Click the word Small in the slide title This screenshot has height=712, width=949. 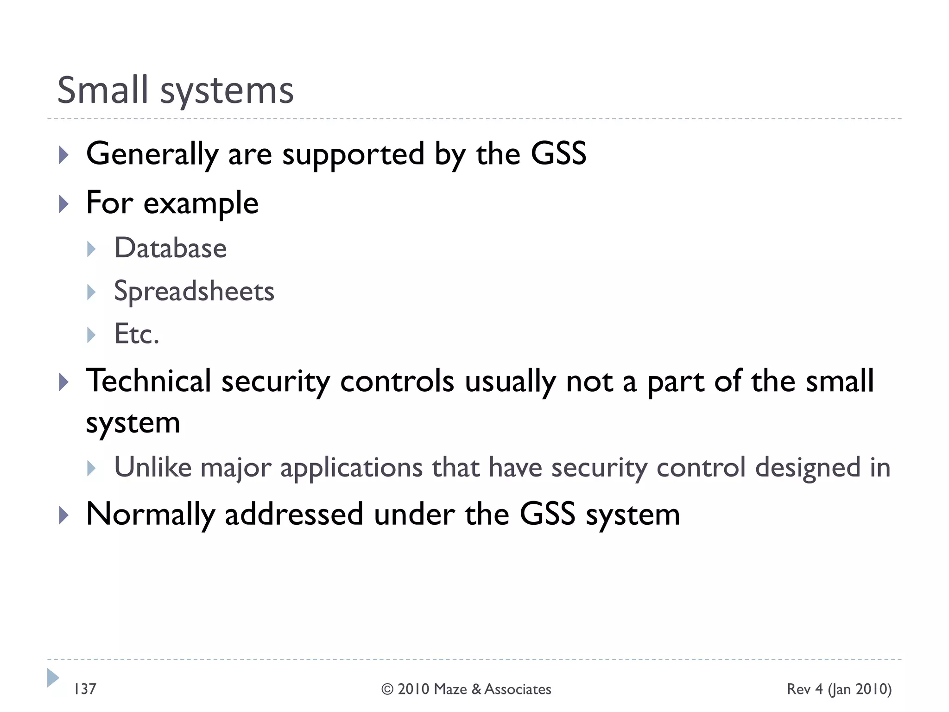tap(102, 90)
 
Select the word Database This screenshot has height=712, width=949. tap(171, 248)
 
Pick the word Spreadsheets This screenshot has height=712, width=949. tap(194, 292)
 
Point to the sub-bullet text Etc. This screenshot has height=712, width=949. tap(137, 334)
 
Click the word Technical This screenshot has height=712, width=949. tap(148, 381)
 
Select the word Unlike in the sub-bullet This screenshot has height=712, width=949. tap(152, 467)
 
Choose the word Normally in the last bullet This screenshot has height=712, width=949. tap(151, 515)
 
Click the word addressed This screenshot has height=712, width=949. tap(294, 515)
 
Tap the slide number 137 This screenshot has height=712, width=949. tap(85, 689)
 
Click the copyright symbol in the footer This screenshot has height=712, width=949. tap(387, 689)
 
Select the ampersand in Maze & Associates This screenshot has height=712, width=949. tap(476, 689)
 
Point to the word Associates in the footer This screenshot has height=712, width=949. tap(518, 689)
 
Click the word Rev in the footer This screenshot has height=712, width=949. tap(798, 689)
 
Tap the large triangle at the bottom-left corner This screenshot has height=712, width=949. tap(53, 678)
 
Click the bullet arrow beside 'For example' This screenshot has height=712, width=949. tap(64, 203)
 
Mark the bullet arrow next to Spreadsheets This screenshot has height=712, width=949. tap(91, 292)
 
